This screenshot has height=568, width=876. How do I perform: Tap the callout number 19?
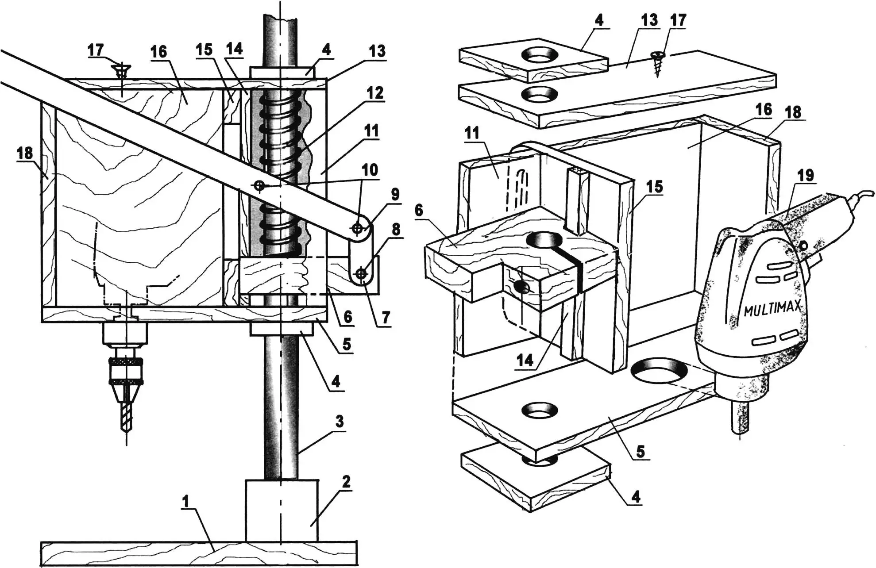(x=805, y=175)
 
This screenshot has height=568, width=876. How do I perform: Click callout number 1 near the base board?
(x=186, y=502)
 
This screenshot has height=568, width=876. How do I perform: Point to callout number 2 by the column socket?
(x=346, y=482)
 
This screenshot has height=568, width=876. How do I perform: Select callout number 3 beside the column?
(x=339, y=422)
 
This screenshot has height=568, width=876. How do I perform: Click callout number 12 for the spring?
(x=374, y=93)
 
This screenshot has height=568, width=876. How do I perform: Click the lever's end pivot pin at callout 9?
(x=358, y=229)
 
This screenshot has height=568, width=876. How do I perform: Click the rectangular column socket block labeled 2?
(x=282, y=510)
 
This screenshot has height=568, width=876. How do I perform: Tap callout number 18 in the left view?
(x=25, y=154)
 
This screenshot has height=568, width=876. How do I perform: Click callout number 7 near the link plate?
(x=385, y=317)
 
